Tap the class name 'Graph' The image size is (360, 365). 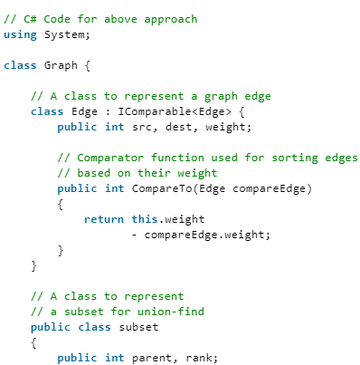(61, 65)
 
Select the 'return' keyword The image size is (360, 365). (103, 219)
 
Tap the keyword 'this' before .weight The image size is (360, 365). (143, 219)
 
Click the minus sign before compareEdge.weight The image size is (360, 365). (134, 235)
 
